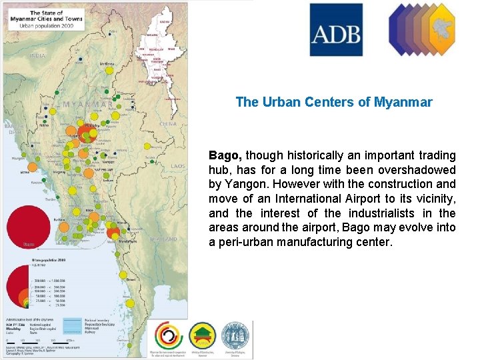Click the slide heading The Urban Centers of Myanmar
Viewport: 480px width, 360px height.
(x=334, y=103)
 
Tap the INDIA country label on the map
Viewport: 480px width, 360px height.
(x=37, y=56)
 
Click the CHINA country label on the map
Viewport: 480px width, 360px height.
(x=168, y=123)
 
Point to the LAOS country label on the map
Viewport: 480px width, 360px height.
(x=178, y=166)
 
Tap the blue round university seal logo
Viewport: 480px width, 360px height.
(x=235, y=335)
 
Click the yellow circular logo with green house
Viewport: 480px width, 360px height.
(x=202, y=336)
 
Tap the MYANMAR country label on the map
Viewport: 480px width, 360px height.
(x=87, y=105)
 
